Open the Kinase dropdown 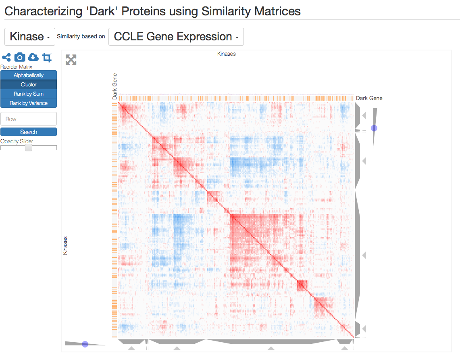click(x=30, y=37)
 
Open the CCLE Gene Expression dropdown click(x=176, y=37)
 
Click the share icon click(x=6, y=58)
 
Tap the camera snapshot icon click(x=20, y=57)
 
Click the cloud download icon click(x=33, y=57)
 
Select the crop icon click(x=47, y=57)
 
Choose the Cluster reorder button click(x=29, y=84)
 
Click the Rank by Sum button click(x=29, y=94)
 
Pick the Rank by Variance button click(x=29, y=103)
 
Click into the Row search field click(x=29, y=119)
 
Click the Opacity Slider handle click(x=29, y=148)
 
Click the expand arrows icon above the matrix click(x=71, y=60)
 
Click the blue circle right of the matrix click(x=374, y=128)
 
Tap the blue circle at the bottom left click(x=85, y=344)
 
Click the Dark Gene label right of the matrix click(x=369, y=98)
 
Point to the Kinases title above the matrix click(x=226, y=54)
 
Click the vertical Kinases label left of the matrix click(x=65, y=245)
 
